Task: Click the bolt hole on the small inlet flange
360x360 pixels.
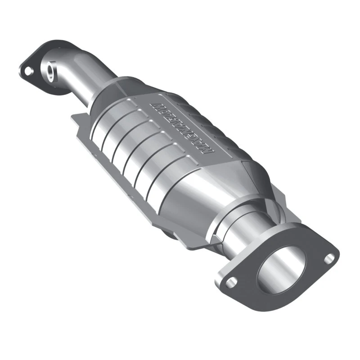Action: [x=28, y=71]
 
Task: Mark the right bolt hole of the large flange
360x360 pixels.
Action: [x=330, y=257]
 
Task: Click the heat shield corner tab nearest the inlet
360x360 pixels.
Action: [x=76, y=118]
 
